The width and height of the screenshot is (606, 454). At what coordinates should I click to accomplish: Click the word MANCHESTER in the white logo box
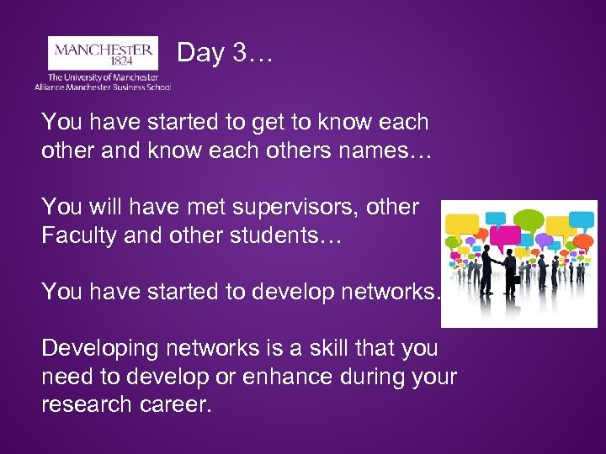(x=104, y=50)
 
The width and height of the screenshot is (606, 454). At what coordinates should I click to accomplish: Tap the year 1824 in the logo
(x=104, y=62)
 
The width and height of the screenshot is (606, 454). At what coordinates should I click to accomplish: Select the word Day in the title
(x=199, y=54)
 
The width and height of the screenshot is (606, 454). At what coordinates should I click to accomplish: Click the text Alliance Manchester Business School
(x=103, y=86)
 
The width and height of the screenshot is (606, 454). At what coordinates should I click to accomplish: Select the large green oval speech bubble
(x=529, y=220)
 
